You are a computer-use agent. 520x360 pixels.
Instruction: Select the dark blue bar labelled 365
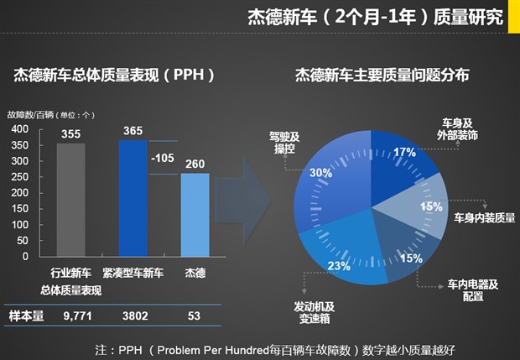(133, 197)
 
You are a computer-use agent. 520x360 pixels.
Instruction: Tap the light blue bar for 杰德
(195, 214)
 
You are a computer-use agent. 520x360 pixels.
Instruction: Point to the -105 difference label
(164, 157)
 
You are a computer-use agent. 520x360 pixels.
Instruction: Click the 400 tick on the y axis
(20, 128)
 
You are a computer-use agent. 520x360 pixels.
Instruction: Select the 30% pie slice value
(320, 173)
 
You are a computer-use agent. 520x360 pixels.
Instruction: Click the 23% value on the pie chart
(339, 266)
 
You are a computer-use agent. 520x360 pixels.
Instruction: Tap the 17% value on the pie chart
(404, 152)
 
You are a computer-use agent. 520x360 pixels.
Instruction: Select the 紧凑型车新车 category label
(133, 274)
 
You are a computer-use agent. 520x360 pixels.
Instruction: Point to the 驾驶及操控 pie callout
(284, 142)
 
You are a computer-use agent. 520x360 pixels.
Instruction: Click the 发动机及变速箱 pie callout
(314, 311)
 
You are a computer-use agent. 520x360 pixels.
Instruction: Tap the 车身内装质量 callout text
(484, 218)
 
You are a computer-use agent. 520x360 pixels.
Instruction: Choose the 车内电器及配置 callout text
(471, 290)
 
